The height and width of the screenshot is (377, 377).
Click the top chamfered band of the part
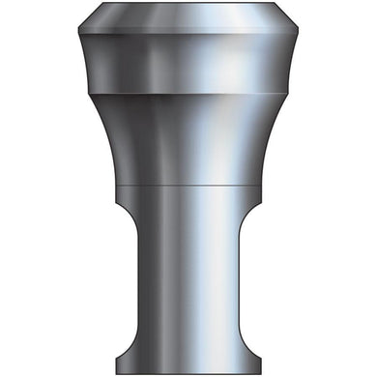(188, 19)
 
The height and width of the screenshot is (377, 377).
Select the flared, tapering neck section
(188, 135)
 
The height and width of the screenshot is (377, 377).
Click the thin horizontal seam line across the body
(188, 182)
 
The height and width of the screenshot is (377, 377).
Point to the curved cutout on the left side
(128, 280)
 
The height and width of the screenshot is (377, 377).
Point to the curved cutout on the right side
(250, 280)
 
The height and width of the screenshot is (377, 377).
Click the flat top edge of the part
(188, 3)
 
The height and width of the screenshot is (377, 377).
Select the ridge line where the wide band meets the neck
(188, 94)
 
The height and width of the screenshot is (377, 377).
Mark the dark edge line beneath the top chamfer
(188, 36)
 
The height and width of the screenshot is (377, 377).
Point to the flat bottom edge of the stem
(188, 373)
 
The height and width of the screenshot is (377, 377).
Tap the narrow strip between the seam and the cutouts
(188, 193)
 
